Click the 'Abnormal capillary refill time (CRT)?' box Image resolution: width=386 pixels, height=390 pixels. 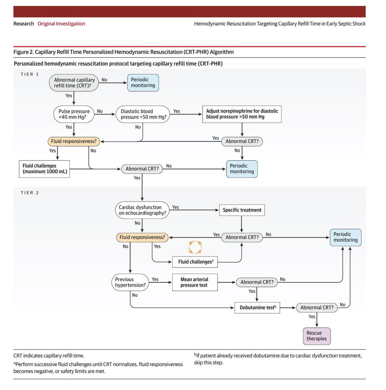74,83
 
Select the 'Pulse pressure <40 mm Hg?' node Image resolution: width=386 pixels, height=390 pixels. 74,114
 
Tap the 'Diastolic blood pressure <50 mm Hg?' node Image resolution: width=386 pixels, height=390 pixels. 143,114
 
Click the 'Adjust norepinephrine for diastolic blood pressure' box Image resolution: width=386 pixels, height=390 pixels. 242,114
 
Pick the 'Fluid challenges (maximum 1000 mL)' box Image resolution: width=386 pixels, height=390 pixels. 45,169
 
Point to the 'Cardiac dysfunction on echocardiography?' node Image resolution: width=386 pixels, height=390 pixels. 142,210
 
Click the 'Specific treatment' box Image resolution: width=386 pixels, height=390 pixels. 242,210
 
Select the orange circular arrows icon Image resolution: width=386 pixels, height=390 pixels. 195,247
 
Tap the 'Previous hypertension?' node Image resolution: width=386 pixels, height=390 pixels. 130,282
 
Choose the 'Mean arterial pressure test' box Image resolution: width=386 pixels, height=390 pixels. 195,282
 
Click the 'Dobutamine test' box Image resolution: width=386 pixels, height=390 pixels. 257,307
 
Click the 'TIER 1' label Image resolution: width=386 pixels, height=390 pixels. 30,74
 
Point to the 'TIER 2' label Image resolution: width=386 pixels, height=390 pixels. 30,193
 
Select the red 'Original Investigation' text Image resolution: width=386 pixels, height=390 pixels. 61,24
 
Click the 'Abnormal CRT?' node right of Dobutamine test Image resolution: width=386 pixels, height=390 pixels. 317,307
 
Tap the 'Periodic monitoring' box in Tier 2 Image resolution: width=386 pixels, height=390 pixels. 345,237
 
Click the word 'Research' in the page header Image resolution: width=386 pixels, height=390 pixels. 23,24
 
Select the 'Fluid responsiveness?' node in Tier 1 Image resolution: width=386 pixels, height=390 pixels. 74,141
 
